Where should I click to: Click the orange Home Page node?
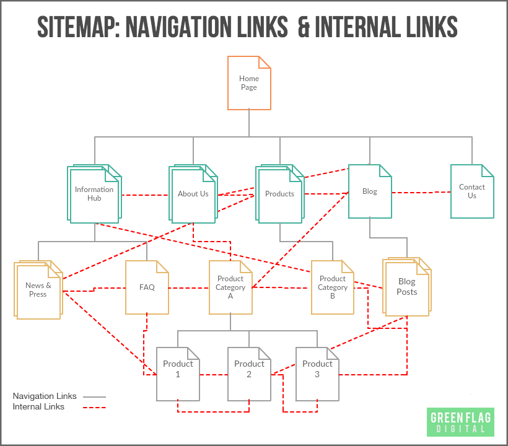(x=249, y=83)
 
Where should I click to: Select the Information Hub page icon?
(x=94, y=194)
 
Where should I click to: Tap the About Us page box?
(x=193, y=194)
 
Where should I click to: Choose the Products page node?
(x=280, y=194)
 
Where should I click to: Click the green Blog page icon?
(x=370, y=191)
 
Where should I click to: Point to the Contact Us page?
(x=472, y=191)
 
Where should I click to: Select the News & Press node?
(x=38, y=290)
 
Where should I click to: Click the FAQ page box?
(x=147, y=287)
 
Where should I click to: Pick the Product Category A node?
(x=230, y=287)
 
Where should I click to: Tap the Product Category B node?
(x=333, y=287)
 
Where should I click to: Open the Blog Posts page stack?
(x=407, y=287)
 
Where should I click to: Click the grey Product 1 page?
(x=178, y=374)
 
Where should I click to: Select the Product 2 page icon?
(x=249, y=374)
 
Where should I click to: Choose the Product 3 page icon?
(x=317, y=374)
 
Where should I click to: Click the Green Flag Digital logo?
(x=460, y=421)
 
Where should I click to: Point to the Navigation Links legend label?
(x=45, y=396)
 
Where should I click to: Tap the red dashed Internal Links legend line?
(x=94, y=408)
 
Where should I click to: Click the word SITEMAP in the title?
(x=77, y=27)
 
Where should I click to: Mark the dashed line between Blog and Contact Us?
(x=421, y=192)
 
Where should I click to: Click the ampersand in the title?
(x=303, y=27)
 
